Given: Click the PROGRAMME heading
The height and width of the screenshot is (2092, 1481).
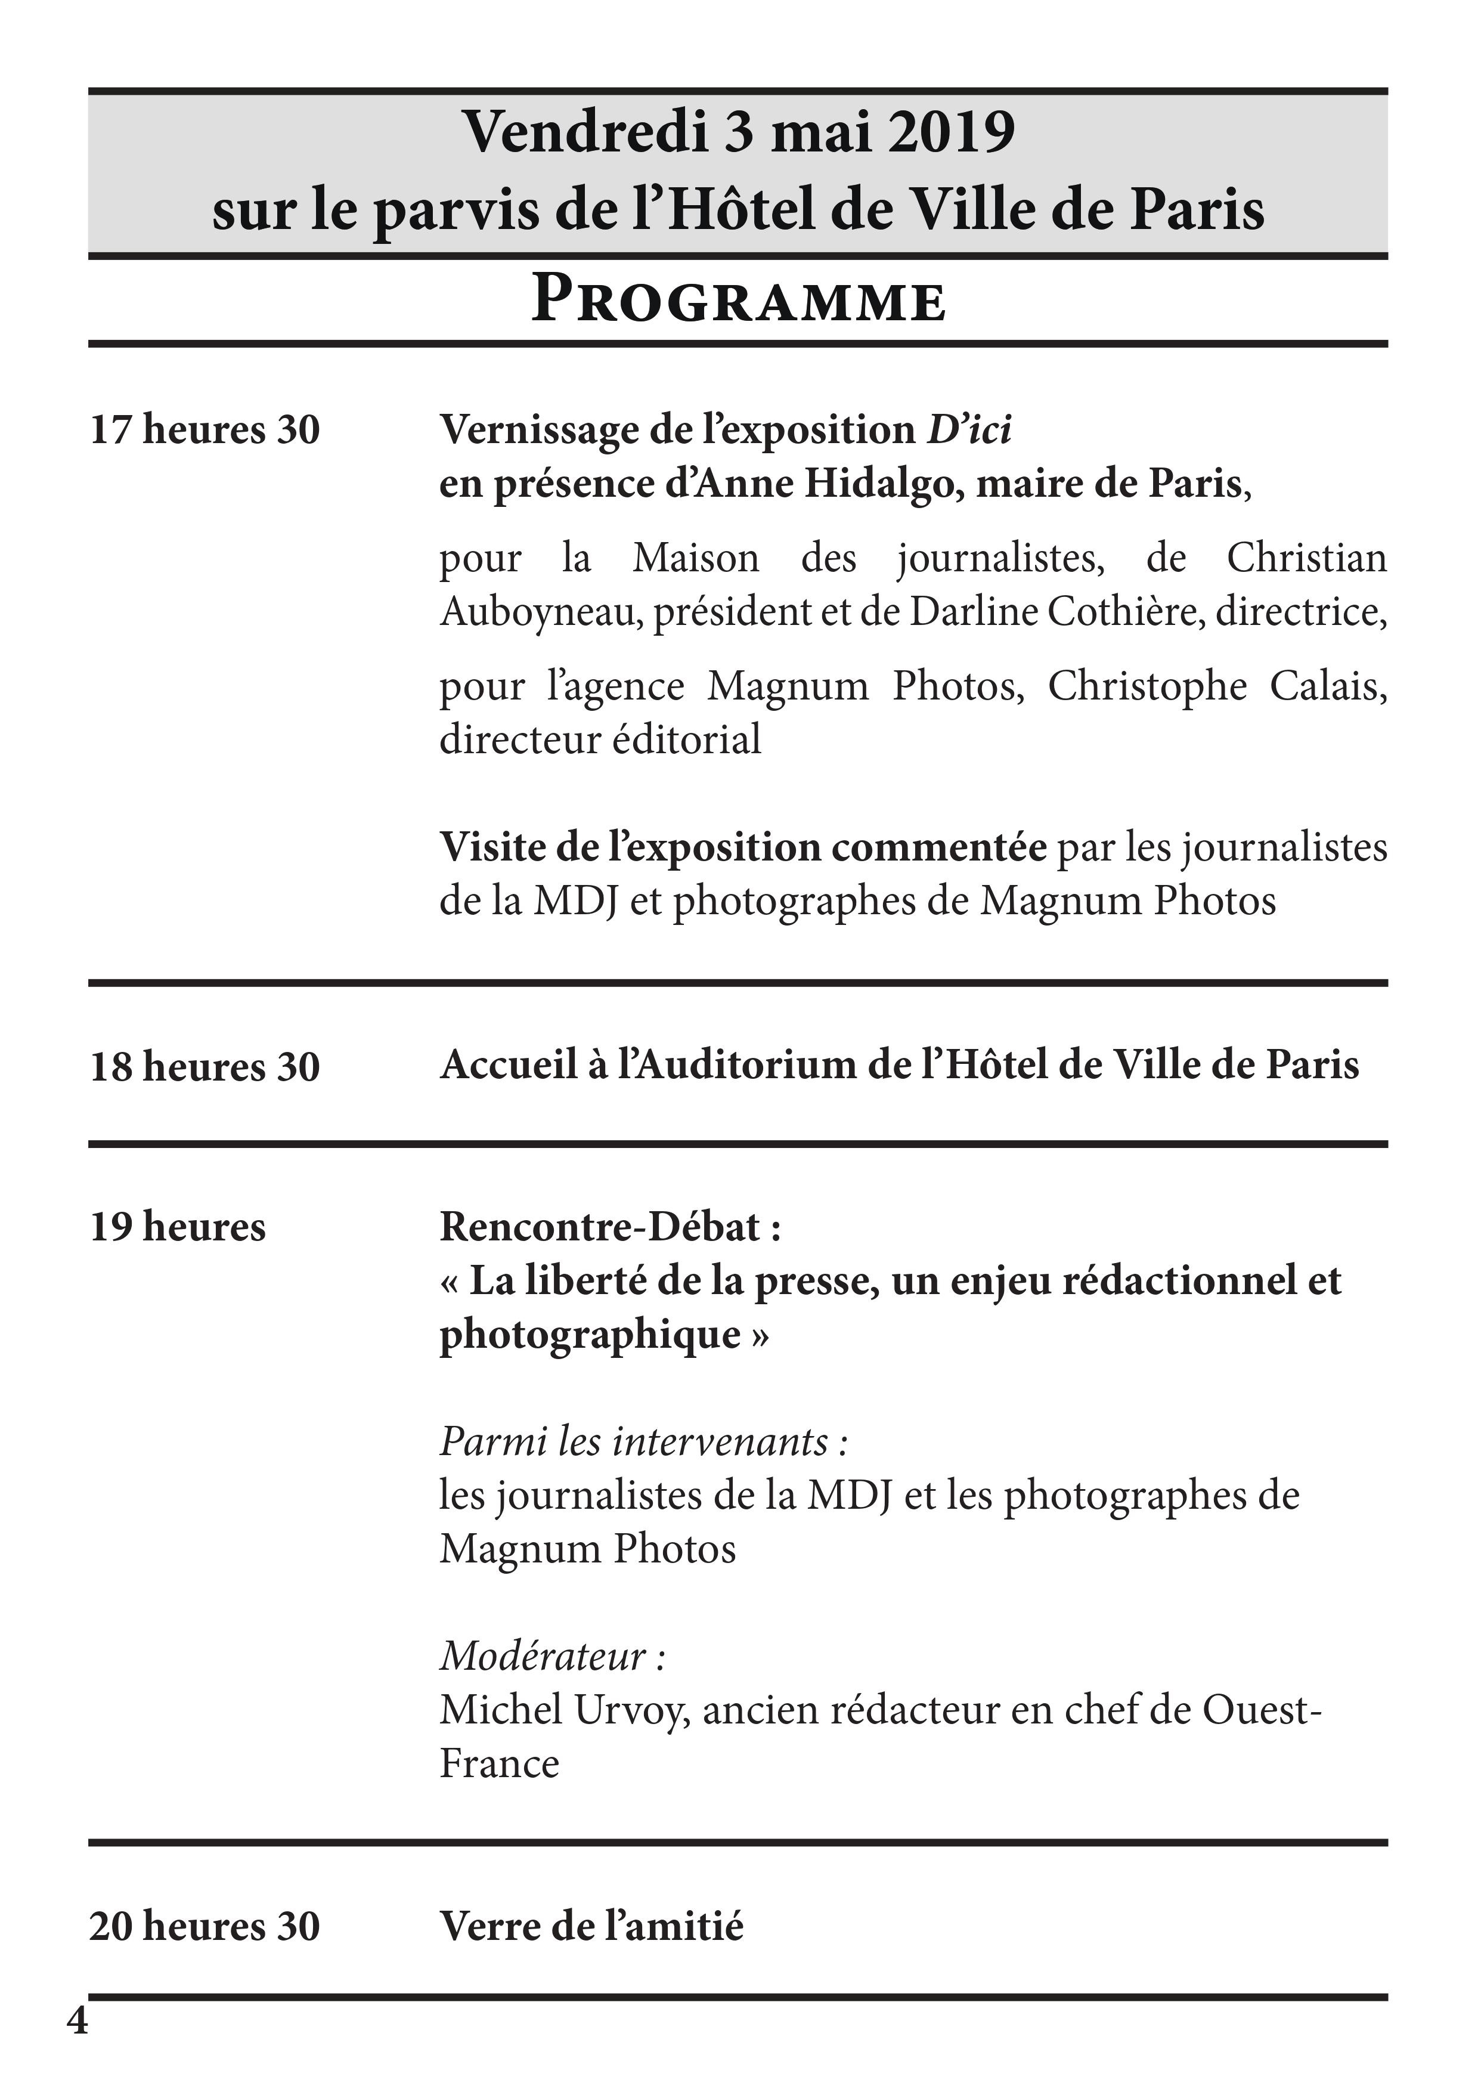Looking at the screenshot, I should (739, 300).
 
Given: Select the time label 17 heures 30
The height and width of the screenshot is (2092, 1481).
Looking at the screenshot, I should (205, 429).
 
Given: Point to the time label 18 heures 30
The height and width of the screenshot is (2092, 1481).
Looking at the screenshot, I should (205, 1066).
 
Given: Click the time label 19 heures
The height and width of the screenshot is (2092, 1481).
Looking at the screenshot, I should (178, 1227).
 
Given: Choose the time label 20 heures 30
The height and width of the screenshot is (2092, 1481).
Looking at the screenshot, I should (205, 1926).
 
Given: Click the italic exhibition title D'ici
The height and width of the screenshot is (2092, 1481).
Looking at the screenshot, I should (968, 429).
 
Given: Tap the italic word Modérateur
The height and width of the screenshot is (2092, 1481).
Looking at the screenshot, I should (544, 1656).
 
